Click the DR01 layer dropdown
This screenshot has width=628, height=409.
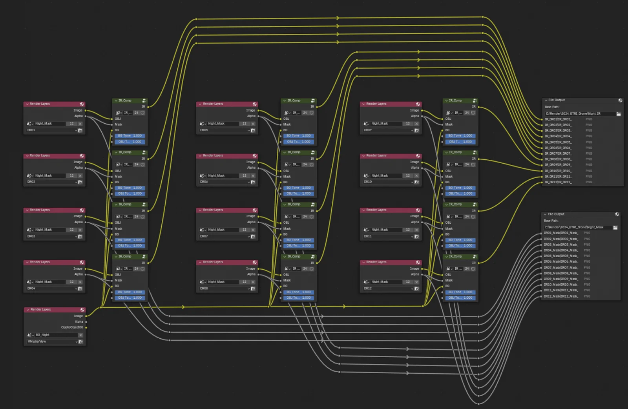(51, 130)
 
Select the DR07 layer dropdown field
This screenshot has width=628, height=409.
(224, 236)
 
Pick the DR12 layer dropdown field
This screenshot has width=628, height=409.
(387, 288)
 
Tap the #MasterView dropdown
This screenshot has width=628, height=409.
(51, 341)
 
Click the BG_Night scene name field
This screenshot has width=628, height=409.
(55, 335)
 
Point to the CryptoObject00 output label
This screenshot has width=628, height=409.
(72, 327)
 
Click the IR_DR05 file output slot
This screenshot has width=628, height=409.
(558, 142)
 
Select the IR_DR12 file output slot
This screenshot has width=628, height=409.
(558, 182)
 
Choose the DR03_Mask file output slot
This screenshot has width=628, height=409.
(560, 245)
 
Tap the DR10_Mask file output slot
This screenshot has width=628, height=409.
(560, 285)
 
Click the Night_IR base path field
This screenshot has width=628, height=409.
(579, 114)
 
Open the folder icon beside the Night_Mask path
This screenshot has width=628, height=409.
(615, 228)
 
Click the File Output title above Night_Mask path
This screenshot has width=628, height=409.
(556, 214)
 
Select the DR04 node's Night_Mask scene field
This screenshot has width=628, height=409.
(49, 282)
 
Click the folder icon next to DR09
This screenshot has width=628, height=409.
(416, 130)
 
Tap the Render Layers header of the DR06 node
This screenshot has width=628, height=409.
(213, 156)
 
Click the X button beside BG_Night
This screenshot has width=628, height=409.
(80, 335)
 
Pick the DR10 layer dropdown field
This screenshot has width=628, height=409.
(387, 182)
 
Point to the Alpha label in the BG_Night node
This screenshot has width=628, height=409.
(79, 322)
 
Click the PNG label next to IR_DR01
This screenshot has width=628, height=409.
(589, 119)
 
